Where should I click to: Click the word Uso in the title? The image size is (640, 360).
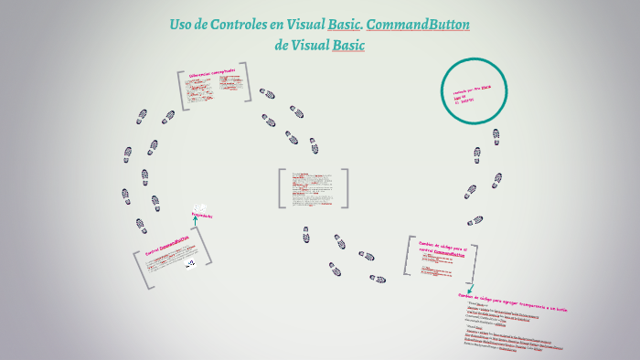(x=182, y=25)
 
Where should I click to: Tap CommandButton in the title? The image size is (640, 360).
(x=418, y=25)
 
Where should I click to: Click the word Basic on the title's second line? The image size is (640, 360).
(x=347, y=45)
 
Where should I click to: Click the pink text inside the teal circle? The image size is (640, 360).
(x=472, y=93)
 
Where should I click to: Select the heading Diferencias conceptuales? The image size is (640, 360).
(x=212, y=71)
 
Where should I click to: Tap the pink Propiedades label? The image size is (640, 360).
(x=201, y=216)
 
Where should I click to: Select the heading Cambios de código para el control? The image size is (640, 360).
(x=443, y=249)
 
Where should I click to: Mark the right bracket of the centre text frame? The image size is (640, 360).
(x=346, y=188)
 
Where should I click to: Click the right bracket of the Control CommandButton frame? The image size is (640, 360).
(x=208, y=248)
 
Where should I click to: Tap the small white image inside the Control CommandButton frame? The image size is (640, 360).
(x=190, y=263)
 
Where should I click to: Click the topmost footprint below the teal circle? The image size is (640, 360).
(x=496, y=134)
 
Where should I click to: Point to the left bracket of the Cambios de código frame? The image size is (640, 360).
(x=408, y=255)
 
